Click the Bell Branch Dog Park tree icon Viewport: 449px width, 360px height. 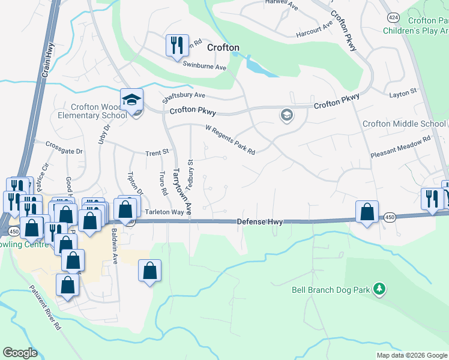pyautogui.click(x=379, y=290)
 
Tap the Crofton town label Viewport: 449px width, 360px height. pyautogui.click(x=223, y=47)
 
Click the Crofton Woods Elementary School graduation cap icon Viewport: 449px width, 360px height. pyautogui.click(x=131, y=100)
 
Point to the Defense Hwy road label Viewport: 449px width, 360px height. pyautogui.click(x=259, y=222)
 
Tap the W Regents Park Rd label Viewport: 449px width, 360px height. pyautogui.click(x=231, y=139)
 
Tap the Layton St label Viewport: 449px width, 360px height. pyautogui.click(x=403, y=94)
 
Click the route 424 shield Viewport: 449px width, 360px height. pyautogui.click(x=394, y=17)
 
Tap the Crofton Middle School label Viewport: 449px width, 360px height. pyautogui.click(x=404, y=124)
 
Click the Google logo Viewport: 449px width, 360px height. pyautogui.click(x=20, y=353)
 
